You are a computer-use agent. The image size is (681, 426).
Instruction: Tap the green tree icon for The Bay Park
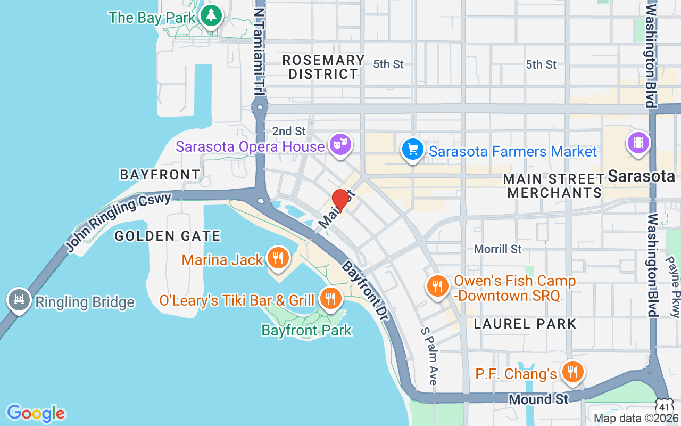click(x=212, y=15)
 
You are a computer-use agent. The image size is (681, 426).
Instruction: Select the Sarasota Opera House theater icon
click(x=340, y=144)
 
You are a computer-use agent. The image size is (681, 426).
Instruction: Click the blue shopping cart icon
click(x=412, y=149)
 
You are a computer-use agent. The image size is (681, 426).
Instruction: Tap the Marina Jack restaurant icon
click(x=277, y=258)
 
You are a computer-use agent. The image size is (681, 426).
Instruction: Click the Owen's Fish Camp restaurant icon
click(x=437, y=286)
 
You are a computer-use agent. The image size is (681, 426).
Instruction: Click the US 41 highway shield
click(x=664, y=405)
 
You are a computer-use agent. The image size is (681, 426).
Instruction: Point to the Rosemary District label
click(x=323, y=67)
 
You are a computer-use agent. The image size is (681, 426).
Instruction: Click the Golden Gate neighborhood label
click(x=168, y=235)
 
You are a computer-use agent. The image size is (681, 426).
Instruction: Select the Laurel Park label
click(x=525, y=323)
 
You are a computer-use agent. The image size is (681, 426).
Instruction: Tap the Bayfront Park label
click(x=306, y=330)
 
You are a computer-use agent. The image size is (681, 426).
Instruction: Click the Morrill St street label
click(x=498, y=249)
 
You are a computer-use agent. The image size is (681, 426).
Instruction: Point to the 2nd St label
click(x=289, y=131)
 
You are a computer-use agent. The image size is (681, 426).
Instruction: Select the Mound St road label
click(x=538, y=399)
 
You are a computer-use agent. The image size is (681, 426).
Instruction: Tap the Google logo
click(x=36, y=413)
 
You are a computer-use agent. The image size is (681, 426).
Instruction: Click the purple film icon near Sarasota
click(x=638, y=142)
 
